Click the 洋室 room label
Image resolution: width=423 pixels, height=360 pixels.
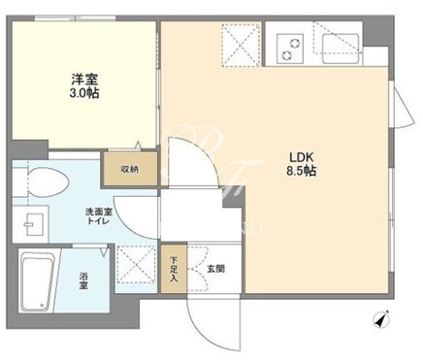[x=84, y=80]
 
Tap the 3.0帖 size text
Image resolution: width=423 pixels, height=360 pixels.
[x=84, y=93]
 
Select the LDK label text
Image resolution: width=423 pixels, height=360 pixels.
[x=301, y=157]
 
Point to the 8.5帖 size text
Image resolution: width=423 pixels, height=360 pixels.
[x=301, y=171]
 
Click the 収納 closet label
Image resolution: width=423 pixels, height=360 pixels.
[x=130, y=169]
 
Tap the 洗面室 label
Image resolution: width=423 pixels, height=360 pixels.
[x=99, y=213]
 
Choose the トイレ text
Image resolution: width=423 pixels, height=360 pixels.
[x=99, y=221]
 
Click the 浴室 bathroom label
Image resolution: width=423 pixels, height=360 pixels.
[x=84, y=281]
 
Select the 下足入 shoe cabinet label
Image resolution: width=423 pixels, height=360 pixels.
[x=174, y=269]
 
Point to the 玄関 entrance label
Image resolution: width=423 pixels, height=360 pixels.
[x=215, y=269]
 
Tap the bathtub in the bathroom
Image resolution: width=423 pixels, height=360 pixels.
[x=36, y=281]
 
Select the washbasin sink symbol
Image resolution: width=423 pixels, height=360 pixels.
[x=34, y=224]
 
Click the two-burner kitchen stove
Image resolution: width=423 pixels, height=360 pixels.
[x=291, y=49]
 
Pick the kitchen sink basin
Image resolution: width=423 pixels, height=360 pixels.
[x=341, y=49]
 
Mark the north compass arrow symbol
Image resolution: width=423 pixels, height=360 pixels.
[x=381, y=318]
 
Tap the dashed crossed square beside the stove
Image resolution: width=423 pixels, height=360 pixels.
[x=241, y=45]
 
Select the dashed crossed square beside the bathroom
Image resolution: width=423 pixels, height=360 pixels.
[x=136, y=265]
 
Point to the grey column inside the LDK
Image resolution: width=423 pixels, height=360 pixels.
[x=232, y=199]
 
